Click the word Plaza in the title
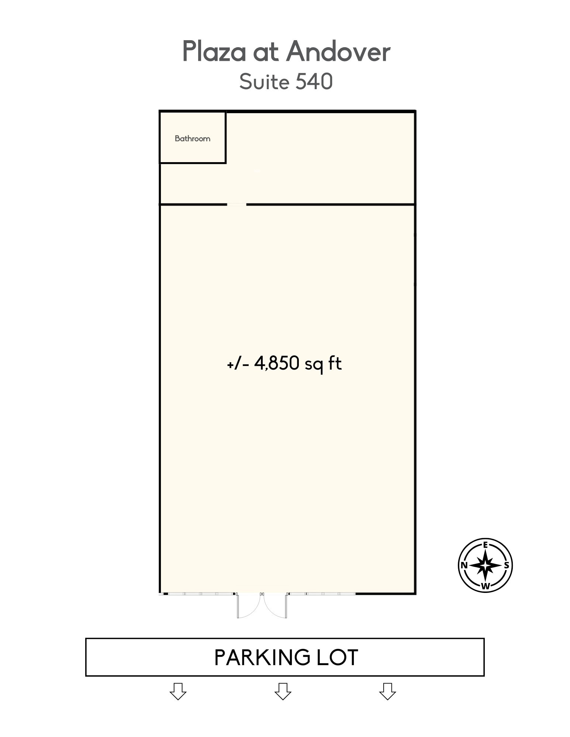pos(214,52)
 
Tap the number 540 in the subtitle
pos(314,82)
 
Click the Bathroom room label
pos(192,139)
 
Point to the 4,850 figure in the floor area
pos(276,363)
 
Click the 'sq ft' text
pos(323,364)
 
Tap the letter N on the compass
pos(464,565)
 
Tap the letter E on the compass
pos(486,545)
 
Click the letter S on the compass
pos(507,565)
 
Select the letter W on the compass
pos(486,586)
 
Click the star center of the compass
pos(486,565)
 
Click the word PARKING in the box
pos(262,658)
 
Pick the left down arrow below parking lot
pos(178,691)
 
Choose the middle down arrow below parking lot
pos(283,691)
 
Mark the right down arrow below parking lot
pos(387,691)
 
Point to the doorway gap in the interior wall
pos(236,204)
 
